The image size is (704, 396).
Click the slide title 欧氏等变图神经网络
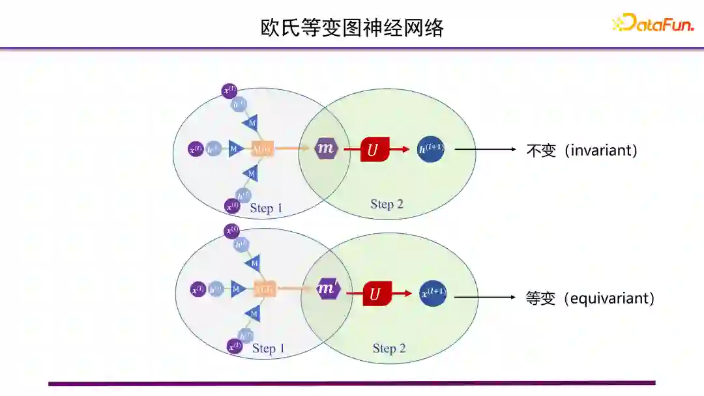coord(351,28)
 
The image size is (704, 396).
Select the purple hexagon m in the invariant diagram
coord(326,148)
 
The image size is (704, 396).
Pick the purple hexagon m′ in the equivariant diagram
coord(328,289)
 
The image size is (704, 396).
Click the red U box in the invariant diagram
coord(374,150)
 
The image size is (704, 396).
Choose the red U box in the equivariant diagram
coord(376,294)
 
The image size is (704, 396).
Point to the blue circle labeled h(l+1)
coord(430,149)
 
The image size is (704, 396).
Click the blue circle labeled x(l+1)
coord(433,292)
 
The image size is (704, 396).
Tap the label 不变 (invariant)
coord(581,150)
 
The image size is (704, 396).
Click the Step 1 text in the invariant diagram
coord(266,208)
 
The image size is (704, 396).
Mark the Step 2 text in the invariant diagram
coord(387,204)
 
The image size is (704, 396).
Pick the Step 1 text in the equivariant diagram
coord(268,348)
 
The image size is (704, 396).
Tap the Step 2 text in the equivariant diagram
coord(389,348)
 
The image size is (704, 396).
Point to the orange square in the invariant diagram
coord(262,148)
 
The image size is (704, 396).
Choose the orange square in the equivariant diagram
coord(264,289)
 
